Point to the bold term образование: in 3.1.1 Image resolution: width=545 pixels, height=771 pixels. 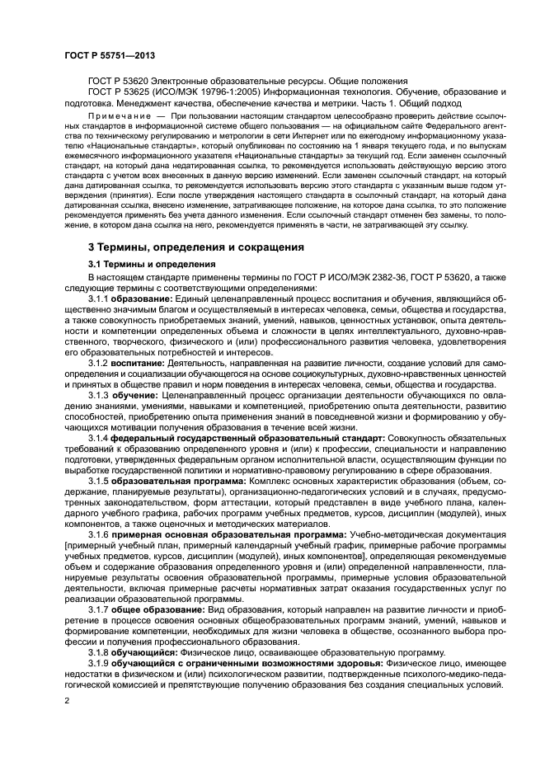(x=147, y=297)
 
